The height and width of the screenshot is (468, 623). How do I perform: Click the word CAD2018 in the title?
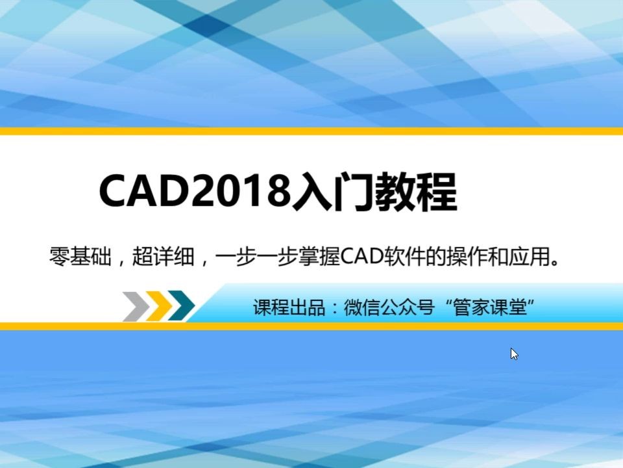193,191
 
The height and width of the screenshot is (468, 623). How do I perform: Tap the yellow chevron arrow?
158,306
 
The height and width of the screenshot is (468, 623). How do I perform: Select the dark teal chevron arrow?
182,306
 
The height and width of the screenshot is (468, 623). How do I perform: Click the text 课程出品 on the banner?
289,307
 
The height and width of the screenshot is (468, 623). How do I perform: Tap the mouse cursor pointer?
514,354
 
